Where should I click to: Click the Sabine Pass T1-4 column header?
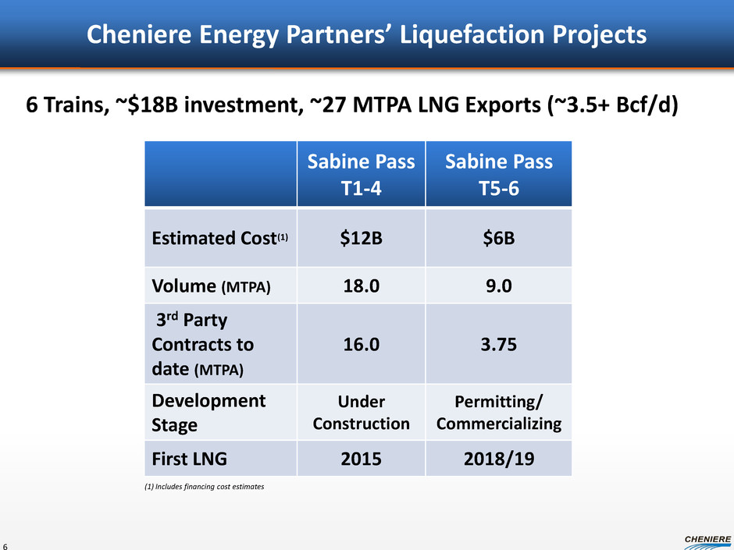click(x=361, y=174)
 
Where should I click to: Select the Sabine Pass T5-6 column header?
click(x=498, y=174)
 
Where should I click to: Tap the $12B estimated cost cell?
click(x=361, y=239)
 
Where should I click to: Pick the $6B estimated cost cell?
click(x=498, y=239)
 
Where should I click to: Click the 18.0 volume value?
click(x=361, y=286)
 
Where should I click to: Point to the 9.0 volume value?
click(x=498, y=286)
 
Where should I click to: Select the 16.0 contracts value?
click(x=361, y=344)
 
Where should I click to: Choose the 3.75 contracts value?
click(x=498, y=344)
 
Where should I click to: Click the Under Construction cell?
click(x=361, y=412)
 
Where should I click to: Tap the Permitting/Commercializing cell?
click(x=498, y=412)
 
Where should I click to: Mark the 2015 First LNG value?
click(x=361, y=459)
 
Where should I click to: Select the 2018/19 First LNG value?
click(x=498, y=459)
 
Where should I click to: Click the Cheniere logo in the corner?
click(x=707, y=539)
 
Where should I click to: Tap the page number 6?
click(x=6, y=545)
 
